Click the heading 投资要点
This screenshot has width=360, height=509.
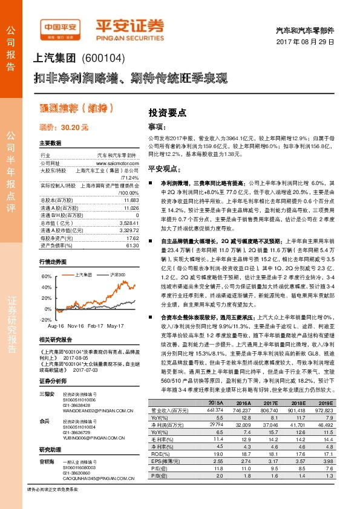[168, 113]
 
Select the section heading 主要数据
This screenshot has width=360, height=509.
[50, 143]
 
